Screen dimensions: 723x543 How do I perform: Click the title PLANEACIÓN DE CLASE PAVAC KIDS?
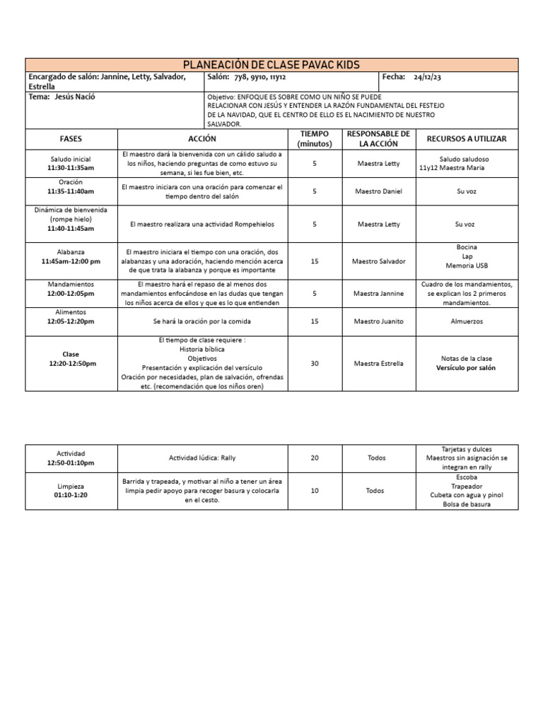point(272,65)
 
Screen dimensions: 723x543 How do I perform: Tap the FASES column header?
point(71,139)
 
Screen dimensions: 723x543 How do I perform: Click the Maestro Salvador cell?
point(378,261)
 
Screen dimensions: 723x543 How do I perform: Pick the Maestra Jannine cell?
point(378,293)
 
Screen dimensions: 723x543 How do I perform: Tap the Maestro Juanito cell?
point(378,321)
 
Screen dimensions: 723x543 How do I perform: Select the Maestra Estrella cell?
point(378,364)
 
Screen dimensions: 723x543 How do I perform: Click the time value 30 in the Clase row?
point(315,364)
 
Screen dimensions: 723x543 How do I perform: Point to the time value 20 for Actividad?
point(315,458)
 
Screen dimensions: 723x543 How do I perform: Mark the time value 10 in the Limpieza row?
point(315,490)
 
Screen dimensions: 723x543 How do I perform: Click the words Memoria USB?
point(467,266)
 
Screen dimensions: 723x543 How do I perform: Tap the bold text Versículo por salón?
point(467,368)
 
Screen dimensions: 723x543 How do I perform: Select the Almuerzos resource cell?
point(467,321)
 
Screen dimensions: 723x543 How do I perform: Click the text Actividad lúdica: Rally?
point(202,458)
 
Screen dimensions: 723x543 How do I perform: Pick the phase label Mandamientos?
point(71,284)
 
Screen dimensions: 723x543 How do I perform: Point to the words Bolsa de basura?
point(467,504)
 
